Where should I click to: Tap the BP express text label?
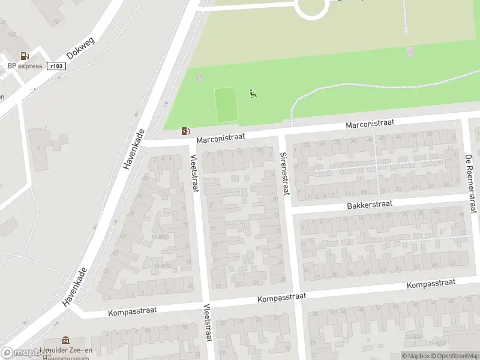25,66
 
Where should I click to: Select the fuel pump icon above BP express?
25,56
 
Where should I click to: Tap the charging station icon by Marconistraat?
185,131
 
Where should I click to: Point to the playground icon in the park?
253,93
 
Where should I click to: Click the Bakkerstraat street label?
369,205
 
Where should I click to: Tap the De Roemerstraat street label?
470,183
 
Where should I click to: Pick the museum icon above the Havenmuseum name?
65,341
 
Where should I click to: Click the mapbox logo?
25,353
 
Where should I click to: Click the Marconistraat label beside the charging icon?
220,137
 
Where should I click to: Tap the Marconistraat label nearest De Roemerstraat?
370,123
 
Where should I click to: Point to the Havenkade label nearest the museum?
75,287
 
